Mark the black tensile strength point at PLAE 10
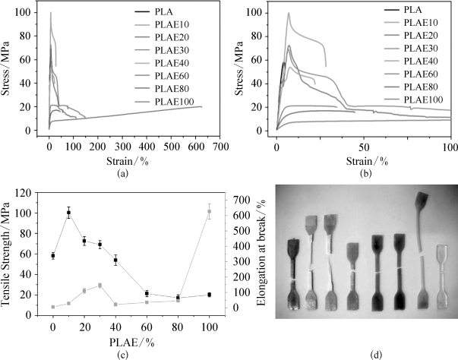coord(69,213)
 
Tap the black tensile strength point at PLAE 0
coord(52,256)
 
